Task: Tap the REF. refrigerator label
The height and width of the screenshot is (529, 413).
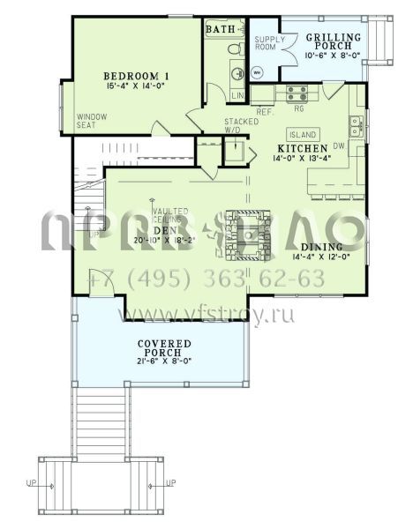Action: tap(263, 113)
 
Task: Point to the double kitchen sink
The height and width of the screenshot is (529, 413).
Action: tap(356, 125)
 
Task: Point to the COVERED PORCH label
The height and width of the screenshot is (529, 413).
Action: tap(159, 348)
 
